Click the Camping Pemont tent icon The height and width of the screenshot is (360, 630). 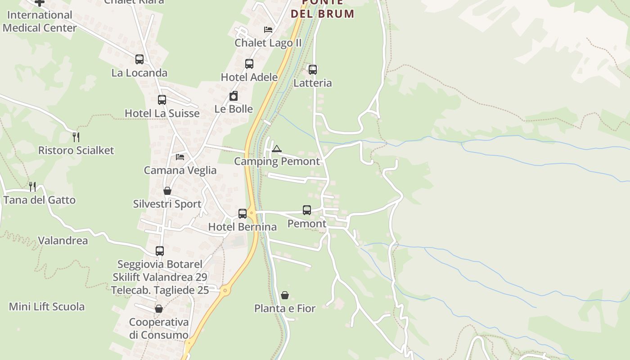click(276, 149)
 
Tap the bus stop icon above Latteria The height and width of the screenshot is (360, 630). click(312, 70)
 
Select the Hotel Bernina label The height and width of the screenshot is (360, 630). click(242, 227)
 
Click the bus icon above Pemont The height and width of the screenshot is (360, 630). click(307, 210)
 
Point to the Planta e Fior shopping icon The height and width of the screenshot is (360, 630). click(285, 295)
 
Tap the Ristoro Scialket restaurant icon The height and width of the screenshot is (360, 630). click(76, 137)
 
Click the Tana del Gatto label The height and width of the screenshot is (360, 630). click(40, 200)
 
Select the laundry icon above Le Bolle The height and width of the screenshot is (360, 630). click(234, 96)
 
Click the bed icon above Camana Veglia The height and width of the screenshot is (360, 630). click(180, 157)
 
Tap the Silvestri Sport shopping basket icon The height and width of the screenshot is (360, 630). click(167, 191)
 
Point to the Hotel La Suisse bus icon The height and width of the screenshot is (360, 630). click(162, 100)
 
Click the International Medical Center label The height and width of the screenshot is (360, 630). click(40, 21)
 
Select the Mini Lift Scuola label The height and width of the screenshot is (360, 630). click(47, 306)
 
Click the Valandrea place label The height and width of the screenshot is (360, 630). click(63, 240)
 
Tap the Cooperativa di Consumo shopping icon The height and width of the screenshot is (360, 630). click(158, 309)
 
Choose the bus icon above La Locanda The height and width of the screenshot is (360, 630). click(139, 59)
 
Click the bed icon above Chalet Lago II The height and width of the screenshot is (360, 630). click(268, 30)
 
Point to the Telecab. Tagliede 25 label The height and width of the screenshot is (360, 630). click(160, 290)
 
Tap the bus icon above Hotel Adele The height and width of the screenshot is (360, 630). click(249, 64)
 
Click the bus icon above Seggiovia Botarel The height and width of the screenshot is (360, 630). click(160, 251)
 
